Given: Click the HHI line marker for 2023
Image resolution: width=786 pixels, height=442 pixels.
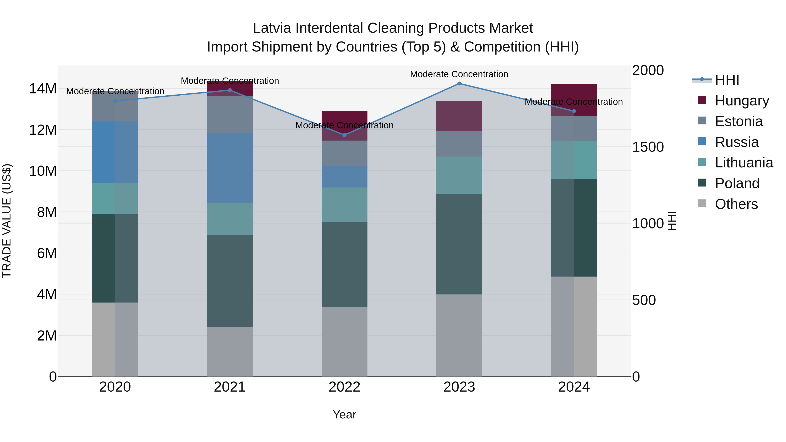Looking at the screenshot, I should pos(459,84).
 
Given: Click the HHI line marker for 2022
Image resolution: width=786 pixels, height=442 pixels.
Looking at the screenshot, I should pos(345,135).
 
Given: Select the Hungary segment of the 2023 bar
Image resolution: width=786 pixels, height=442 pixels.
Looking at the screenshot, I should pos(459,116).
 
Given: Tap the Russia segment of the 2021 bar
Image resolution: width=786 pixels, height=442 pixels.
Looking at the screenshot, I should pos(230,168).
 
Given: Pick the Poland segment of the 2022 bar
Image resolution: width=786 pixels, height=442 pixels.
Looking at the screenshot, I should pos(345,265).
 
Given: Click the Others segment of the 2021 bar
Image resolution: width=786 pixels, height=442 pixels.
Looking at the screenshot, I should pos(230,352).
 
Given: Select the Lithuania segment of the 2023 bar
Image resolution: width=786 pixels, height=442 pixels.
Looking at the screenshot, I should pos(459,175).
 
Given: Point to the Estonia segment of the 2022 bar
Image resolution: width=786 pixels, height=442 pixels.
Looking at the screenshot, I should pos(345,153).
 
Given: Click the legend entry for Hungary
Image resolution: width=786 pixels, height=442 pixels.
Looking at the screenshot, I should pos(741,101).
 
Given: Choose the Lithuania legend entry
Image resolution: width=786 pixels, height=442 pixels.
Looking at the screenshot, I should pos(744,163).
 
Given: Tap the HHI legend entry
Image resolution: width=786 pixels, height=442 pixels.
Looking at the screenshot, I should pos(727,80).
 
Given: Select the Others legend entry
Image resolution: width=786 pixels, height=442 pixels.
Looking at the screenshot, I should pos(736,204).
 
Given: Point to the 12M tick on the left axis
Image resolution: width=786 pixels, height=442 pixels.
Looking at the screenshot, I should pos(43,130).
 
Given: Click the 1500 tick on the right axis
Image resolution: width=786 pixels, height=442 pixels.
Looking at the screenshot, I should pos(648,147).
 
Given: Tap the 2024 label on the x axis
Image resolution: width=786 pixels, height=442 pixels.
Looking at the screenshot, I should pos(574,387).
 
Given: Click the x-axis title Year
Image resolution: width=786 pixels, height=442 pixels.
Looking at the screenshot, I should pos(345,414).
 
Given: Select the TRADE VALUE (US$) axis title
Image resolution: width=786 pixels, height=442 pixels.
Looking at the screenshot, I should pos(7,221).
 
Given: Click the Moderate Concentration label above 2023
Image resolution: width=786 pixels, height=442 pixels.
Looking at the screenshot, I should pos(459,74).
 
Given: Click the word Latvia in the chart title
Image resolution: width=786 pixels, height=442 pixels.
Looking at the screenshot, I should pos(272,28).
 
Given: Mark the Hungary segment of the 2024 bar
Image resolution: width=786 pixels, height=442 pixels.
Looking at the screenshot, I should pos(574,100).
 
